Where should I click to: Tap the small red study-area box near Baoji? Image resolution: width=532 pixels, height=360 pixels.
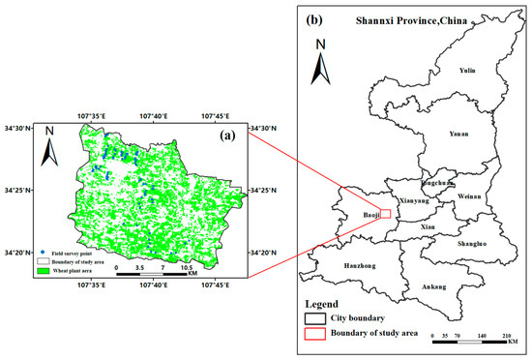384,214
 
